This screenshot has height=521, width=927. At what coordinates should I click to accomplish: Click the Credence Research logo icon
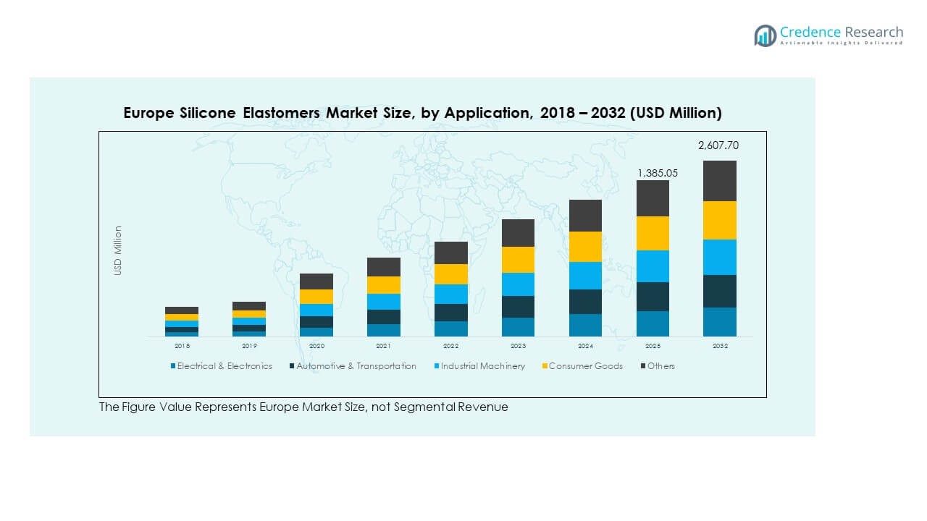[765, 35]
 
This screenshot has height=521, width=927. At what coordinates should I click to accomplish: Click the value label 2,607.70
[718, 145]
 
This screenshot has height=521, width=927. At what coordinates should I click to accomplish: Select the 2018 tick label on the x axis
[181, 346]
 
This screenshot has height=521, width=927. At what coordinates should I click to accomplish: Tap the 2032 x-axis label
[720, 346]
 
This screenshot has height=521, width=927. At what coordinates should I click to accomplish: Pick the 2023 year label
[518, 346]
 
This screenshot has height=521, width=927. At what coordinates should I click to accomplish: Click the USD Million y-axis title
[118, 250]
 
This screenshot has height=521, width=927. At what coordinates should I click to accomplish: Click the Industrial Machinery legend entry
[482, 366]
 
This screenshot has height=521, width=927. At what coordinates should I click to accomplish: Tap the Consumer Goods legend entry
[585, 366]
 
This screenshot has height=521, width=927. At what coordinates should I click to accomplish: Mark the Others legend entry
[660, 366]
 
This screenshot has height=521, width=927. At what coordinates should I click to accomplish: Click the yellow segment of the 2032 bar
[720, 220]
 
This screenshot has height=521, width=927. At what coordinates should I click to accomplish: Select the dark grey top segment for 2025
[653, 198]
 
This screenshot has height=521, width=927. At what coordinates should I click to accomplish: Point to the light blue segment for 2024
[585, 275]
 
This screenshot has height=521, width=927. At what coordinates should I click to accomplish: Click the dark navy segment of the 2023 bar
[518, 306]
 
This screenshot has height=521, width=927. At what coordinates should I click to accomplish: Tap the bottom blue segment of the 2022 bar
[450, 329]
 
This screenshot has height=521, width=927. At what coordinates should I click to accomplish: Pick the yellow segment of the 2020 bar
[316, 297]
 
